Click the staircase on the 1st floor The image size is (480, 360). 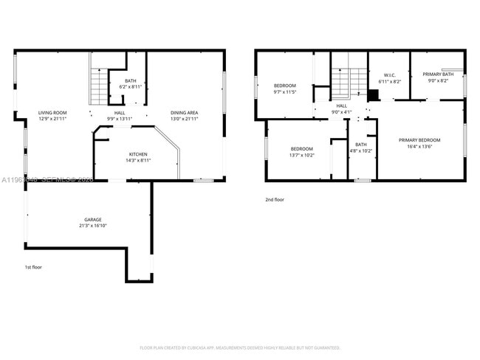click(99, 86)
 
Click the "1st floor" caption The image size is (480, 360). click(33, 266)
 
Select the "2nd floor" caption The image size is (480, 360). click(275, 199)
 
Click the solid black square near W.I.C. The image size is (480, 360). click(373, 94)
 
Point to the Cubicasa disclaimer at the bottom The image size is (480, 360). click(239, 347)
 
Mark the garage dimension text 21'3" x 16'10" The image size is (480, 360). click(92, 226)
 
